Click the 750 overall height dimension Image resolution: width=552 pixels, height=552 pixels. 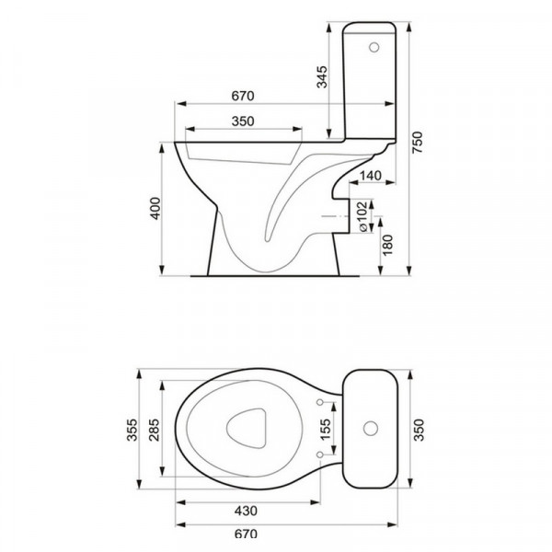pos(418,142)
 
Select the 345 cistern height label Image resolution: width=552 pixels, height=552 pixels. pos(322,76)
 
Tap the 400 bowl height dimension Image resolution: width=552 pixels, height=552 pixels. pos(155,209)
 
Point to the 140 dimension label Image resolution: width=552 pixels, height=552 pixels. pos(371,176)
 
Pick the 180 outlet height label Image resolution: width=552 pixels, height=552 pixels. pos(387,246)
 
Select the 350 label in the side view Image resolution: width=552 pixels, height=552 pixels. pos(243,121)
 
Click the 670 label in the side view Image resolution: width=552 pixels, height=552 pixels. pos(243,96)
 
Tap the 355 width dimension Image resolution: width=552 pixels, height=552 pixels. pos(132,430)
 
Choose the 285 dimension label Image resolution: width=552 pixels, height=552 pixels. pos(154,430)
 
